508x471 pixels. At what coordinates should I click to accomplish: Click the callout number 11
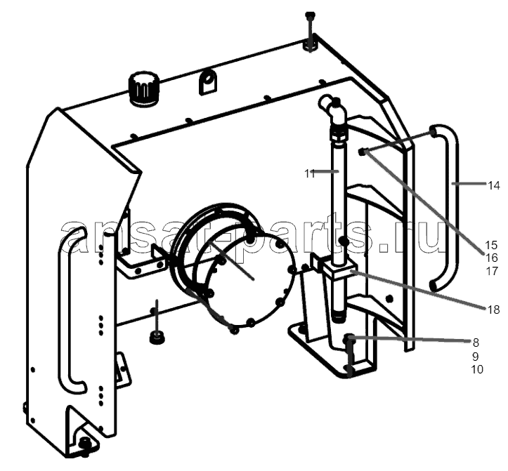(310, 174)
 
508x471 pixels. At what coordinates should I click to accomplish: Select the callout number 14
(494, 185)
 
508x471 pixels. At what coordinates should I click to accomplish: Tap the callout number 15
(491, 245)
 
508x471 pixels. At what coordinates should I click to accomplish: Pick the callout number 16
(491, 258)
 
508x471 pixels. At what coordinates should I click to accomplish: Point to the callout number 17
(491, 271)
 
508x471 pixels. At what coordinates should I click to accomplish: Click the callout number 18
(494, 310)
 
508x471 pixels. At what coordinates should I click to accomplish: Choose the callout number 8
(476, 342)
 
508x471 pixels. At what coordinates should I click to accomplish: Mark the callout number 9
(475, 357)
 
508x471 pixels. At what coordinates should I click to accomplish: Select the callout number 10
(477, 369)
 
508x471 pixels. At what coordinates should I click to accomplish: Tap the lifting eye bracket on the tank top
(208, 83)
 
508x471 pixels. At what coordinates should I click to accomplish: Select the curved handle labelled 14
(453, 207)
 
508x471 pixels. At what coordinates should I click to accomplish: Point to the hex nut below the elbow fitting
(338, 134)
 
